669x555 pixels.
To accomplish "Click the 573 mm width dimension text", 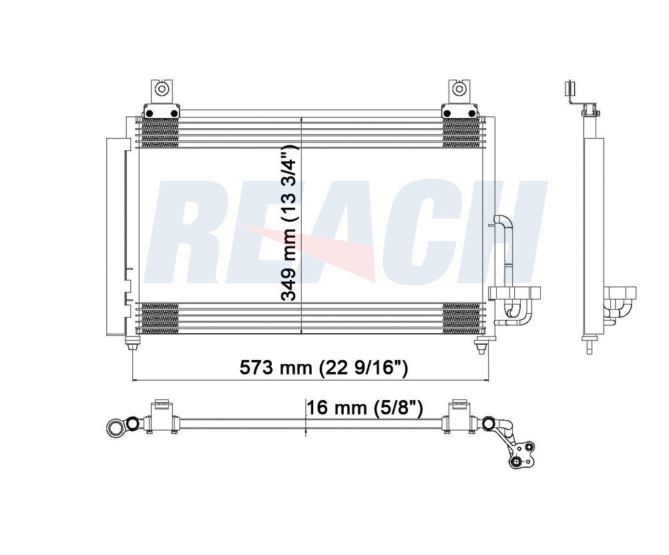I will [x=323, y=368].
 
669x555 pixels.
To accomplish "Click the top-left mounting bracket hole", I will [x=161, y=89].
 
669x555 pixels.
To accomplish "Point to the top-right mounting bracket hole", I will [x=459, y=89].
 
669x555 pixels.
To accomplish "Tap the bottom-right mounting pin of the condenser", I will [x=480, y=346].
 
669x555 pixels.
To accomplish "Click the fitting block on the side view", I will [x=620, y=293].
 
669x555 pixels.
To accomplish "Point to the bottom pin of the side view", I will [x=589, y=347].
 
